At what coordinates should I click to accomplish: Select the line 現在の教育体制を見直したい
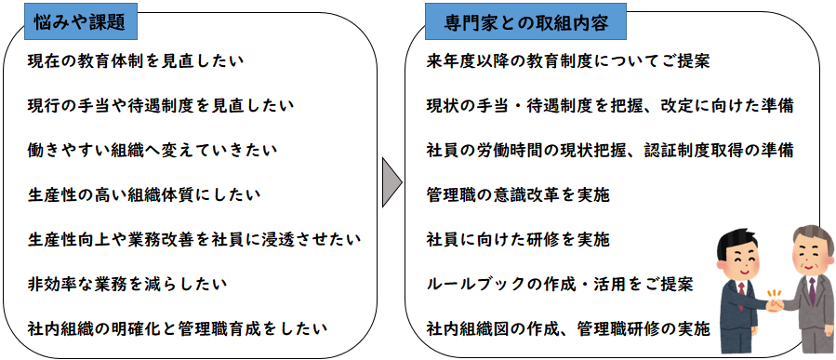coord(136,61)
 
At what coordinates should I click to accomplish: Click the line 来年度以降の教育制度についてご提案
coord(568,61)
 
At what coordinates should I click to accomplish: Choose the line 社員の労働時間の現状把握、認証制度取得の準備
coord(609,150)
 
